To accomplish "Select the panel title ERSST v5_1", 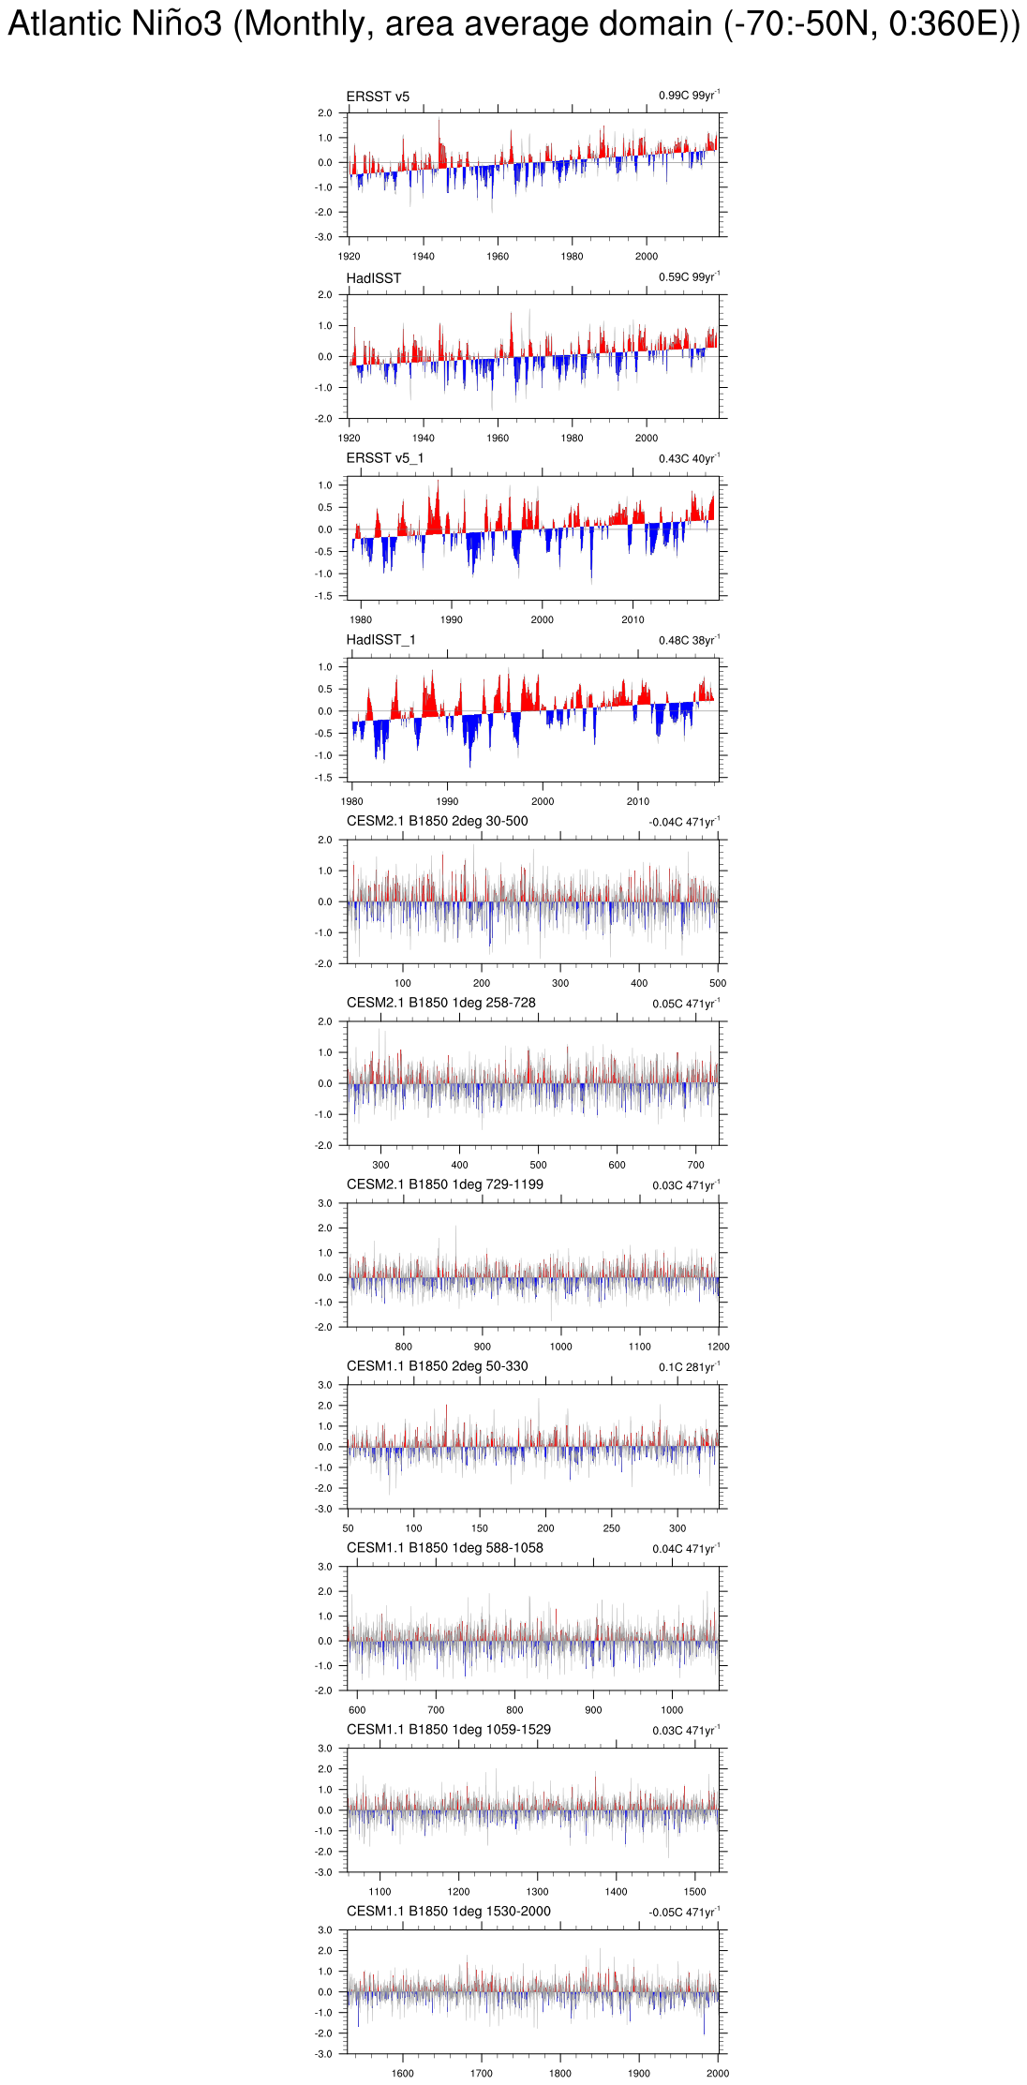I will [384, 458].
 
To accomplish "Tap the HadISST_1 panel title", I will [380, 640].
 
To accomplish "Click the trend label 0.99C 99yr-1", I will [689, 96].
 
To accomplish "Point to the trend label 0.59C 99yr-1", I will [689, 277].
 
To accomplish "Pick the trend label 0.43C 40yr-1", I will [689, 459].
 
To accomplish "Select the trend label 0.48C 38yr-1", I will [689, 641].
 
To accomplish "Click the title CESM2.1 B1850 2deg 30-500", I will [437, 822].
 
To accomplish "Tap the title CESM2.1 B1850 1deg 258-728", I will [440, 1004].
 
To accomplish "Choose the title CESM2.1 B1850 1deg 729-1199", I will [444, 1185].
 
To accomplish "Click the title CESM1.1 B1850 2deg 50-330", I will [437, 1367].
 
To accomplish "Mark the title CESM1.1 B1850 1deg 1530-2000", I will [448, 1912].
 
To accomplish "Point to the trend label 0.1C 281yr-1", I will [689, 1368].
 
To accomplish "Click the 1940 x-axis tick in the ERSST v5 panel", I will [423, 257].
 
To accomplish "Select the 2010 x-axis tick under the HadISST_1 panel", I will [637, 802].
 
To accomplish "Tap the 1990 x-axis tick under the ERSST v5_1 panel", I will [451, 620].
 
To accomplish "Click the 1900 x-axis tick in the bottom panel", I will [638, 2074].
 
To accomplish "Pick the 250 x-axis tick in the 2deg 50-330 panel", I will [611, 1528].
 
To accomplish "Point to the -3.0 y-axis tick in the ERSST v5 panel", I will [323, 238].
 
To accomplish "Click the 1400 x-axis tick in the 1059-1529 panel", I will [616, 1892].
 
